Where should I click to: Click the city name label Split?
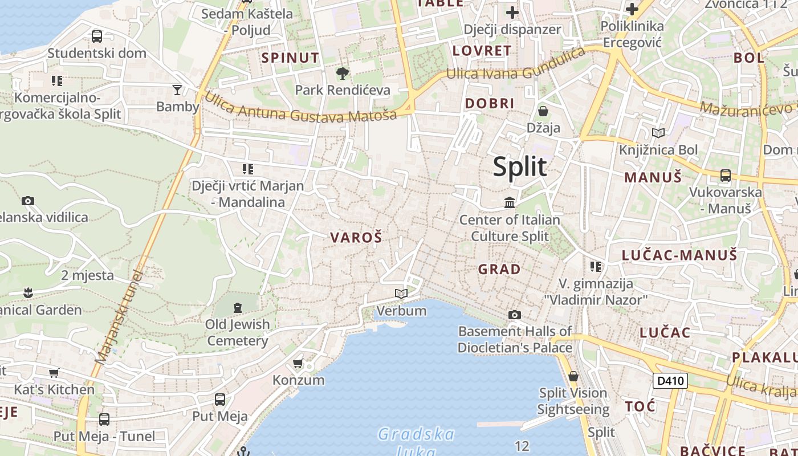click(x=519, y=166)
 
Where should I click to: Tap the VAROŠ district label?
click(x=356, y=238)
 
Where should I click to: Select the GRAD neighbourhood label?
click(x=499, y=269)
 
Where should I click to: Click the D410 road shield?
click(x=670, y=380)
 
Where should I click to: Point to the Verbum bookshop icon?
click(x=401, y=294)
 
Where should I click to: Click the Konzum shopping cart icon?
click(x=298, y=363)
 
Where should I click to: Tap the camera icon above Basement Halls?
click(x=514, y=315)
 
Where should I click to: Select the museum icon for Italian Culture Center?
click(x=509, y=202)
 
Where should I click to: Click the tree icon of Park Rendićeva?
click(x=343, y=73)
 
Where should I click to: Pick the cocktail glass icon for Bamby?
click(x=177, y=89)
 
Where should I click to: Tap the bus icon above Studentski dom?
click(x=97, y=36)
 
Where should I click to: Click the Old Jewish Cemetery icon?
click(x=238, y=308)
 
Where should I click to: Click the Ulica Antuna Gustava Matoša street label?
click(x=300, y=108)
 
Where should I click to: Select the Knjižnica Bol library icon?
click(x=658, y=133)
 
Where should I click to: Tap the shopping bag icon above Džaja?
click(x=543, y=111)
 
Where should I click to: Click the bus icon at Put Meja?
click(x=220, y=399)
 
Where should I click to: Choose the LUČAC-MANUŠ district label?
click(x=679, y=255)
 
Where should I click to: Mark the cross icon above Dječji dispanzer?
click(x=512, y=12)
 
